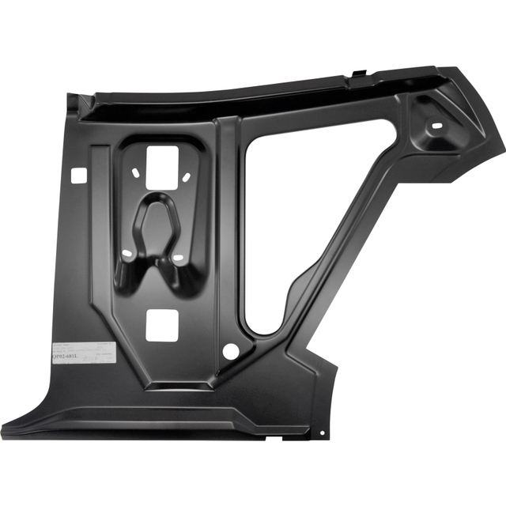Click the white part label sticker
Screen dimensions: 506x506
(x=83, y=353)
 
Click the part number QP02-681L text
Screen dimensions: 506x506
(x=67, y=358)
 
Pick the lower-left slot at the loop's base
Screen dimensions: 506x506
(x=128, y=255)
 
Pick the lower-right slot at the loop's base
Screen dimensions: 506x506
(x=178, y=259)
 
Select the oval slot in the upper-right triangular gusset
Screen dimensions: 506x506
(x=436, y=126)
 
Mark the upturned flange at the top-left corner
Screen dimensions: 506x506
(x=75, y=103)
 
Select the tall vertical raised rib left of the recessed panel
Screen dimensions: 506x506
(x=100, y=237)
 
